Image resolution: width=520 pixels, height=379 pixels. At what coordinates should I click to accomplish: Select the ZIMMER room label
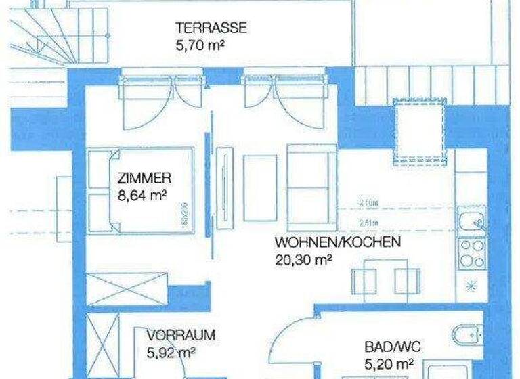(x=144, y=179)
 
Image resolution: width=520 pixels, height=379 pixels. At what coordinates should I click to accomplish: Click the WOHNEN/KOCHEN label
(x=338, y=242)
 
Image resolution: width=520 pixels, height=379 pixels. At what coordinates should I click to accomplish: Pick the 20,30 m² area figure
(x=303, y=259)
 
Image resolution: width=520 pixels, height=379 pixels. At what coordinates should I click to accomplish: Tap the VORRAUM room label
(x=181, y=335)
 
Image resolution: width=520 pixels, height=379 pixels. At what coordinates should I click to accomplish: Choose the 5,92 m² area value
(x=171, y=352)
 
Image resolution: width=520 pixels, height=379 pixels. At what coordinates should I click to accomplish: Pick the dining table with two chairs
(x=385, y=279)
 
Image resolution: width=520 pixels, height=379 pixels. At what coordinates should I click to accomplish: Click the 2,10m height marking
(x=368, y=201)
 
